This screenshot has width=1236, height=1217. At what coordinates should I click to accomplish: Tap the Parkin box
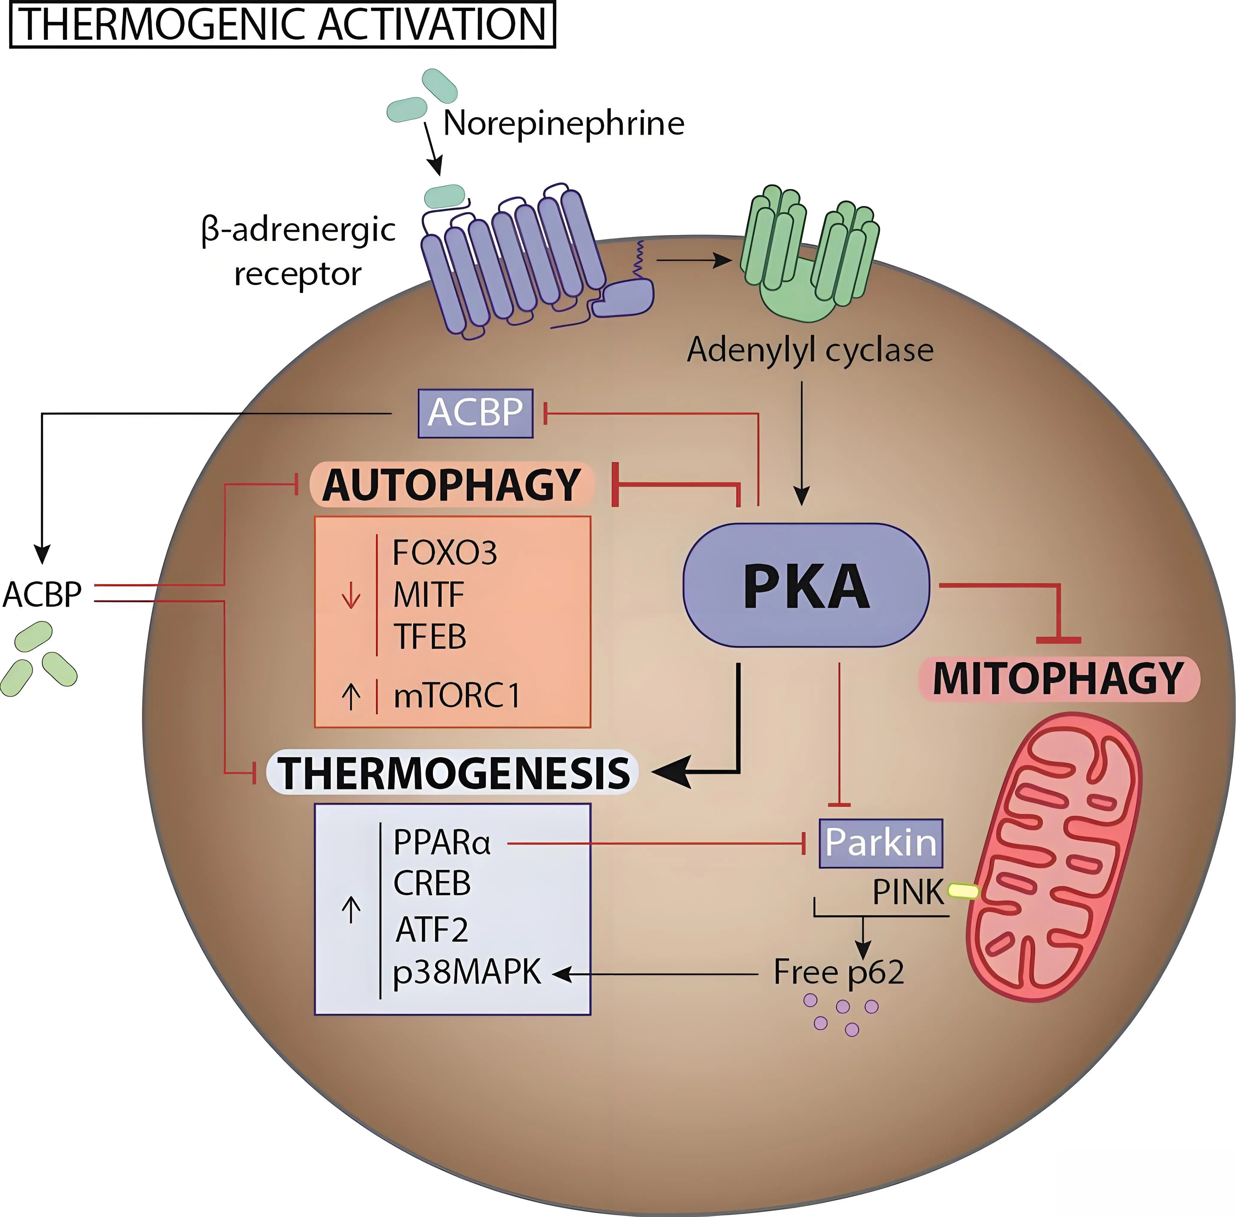coord(881,843)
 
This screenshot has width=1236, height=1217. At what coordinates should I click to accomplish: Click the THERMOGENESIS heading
coord(452,773)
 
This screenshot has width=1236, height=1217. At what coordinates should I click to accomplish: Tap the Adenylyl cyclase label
coord(810,350)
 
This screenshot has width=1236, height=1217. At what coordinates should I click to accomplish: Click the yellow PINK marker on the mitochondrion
coord(962,891)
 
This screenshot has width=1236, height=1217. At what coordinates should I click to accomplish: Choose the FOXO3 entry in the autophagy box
coord(444,553)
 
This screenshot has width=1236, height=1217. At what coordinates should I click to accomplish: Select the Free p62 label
coord(838,972)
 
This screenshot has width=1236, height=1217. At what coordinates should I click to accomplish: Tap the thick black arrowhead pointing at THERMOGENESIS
coord(671,772)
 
